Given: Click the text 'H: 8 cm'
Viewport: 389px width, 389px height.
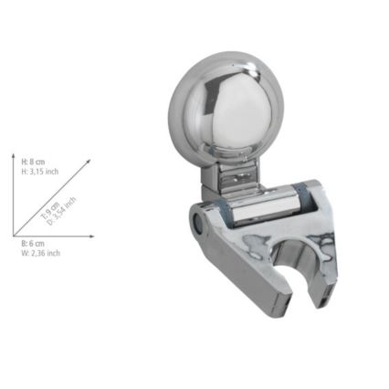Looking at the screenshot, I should (x=32, y=161).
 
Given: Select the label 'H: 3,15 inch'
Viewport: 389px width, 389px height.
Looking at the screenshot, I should (x=38, y=170).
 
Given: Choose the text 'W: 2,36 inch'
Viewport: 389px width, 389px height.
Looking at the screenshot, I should (x=40, y=254).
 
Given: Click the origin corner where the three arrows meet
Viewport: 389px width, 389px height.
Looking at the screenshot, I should (x=14, y=237).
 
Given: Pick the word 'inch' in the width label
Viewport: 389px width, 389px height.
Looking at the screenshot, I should (x=52, y=254).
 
